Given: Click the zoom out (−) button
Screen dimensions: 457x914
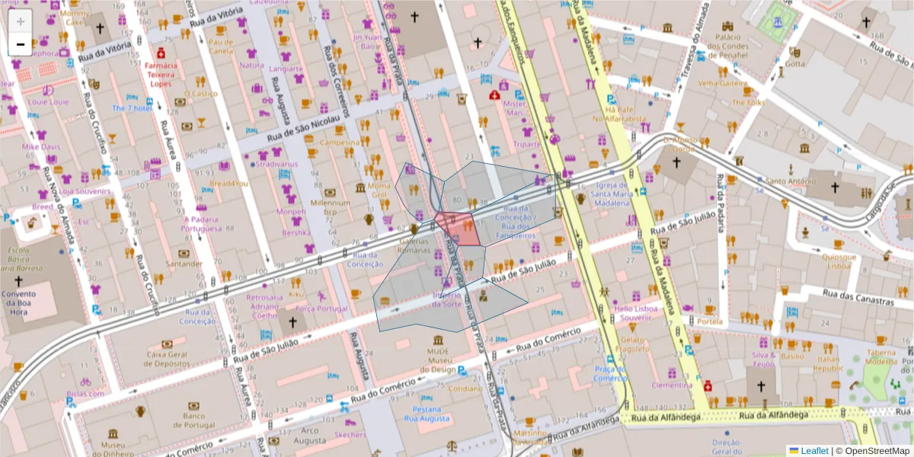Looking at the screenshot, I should click(21, 44).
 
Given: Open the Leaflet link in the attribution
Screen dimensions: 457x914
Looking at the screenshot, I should click(813, 451).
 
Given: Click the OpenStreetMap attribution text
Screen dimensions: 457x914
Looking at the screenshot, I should click(876, 451).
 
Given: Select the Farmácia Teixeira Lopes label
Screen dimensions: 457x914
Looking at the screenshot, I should click(161, 75).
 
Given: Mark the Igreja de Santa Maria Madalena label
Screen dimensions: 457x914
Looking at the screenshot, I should click(614, 194).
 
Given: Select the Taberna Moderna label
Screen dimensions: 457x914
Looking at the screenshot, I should click(880, 356).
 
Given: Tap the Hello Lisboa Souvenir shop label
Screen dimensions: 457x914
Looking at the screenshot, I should click(635, 313).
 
